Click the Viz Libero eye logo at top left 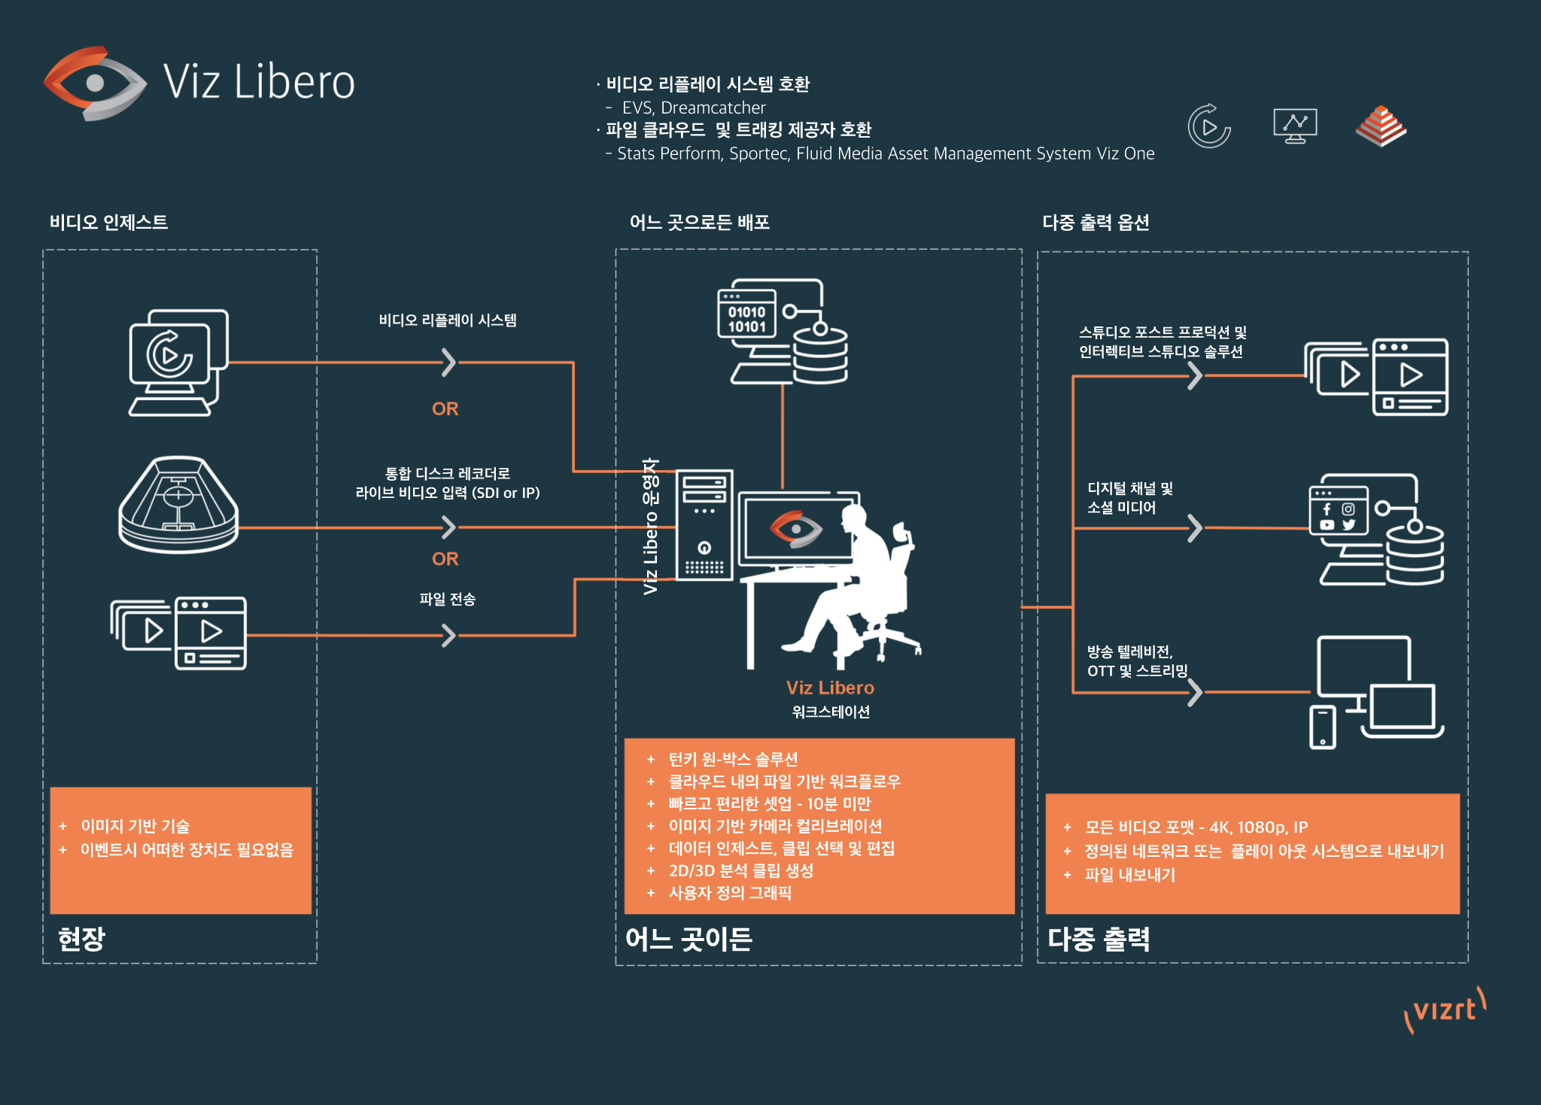pyautogui.click(x=95, y=83)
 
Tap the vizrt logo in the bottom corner pyautogui.click(x=1445, y=1010)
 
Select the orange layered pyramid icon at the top pyautogui.click(x=1381, y=126)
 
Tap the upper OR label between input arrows pyautogui.click(x=445, y=408)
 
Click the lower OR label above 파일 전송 pyautogui.click(x=445, y=559)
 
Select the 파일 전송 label pyautogui.click(x=447, y=599)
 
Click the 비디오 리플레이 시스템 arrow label pyautogui.click(x=447, y=320)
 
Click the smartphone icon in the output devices pyautogui.click(x=1322, y=727)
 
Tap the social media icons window pyautogui.click(x=1337, y=510)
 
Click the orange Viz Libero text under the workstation pyautogui.click(x=830, y=688)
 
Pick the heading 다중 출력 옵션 pyautogui.click(x=1095, y=223)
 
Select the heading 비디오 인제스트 pyautogui.click(x=108, y=223)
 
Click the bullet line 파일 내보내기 pyautogui.click(x=1129, y=875)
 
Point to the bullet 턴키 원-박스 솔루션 pyautogui.click(x=732, y=759)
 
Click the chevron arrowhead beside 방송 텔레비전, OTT pyautogui.click(x=1194, y=693)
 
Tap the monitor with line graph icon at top pyautogui.click(x=1294, y=126)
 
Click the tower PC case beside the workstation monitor pyautogui.click(x=704, y=525)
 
